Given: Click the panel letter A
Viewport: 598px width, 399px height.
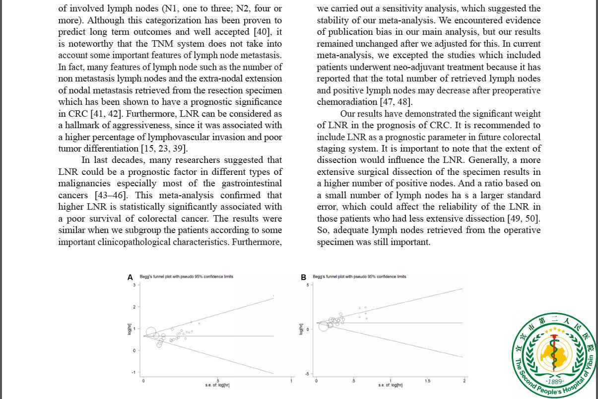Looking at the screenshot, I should pos(130,277).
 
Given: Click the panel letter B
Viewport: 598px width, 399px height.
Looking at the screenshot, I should pos(303,277).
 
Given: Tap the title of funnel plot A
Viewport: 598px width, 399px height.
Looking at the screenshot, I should pos(186,277).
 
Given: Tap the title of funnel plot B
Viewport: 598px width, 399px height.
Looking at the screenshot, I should pos(359,277).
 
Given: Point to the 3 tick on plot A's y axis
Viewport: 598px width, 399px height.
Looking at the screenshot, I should pos(134,285).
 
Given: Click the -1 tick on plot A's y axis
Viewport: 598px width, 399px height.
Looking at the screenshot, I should pos(133,372).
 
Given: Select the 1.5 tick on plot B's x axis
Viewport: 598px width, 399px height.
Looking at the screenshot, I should pos(427,381).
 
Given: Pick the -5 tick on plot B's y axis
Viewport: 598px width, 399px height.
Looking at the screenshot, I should pos(308,374).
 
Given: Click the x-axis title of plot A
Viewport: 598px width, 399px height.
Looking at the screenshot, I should pos(217,385).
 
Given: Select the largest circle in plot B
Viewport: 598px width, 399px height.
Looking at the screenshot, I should pos(324,325).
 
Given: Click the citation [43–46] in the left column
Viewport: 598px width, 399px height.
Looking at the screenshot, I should pos(111,195).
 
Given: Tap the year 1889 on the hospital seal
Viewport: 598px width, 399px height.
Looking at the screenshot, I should pos(554,382).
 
